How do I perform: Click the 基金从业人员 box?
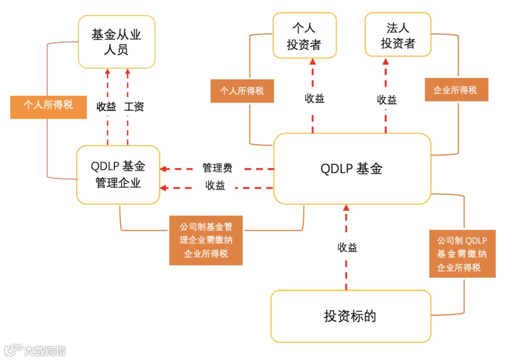(116, 42)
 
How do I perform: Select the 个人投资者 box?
(304, 35)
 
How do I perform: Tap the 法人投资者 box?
(398, 35)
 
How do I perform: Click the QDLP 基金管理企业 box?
(118, 175)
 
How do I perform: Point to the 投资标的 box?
(350, 316)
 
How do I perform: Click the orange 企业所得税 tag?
(456, 90)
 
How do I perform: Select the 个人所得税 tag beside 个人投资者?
(242, 91)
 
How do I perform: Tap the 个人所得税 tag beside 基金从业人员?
(48, 105)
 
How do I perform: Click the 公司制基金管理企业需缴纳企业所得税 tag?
(206, 240)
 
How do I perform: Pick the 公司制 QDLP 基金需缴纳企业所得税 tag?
(462, 254)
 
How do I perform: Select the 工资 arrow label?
(134, 107)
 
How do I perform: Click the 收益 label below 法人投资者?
(387, 100)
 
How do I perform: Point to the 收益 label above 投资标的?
(347, 247)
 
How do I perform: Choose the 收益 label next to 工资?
(107, 107)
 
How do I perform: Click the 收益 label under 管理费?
(215, 185)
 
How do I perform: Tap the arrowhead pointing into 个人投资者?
(313, 61)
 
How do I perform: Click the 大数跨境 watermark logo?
(35, 350)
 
